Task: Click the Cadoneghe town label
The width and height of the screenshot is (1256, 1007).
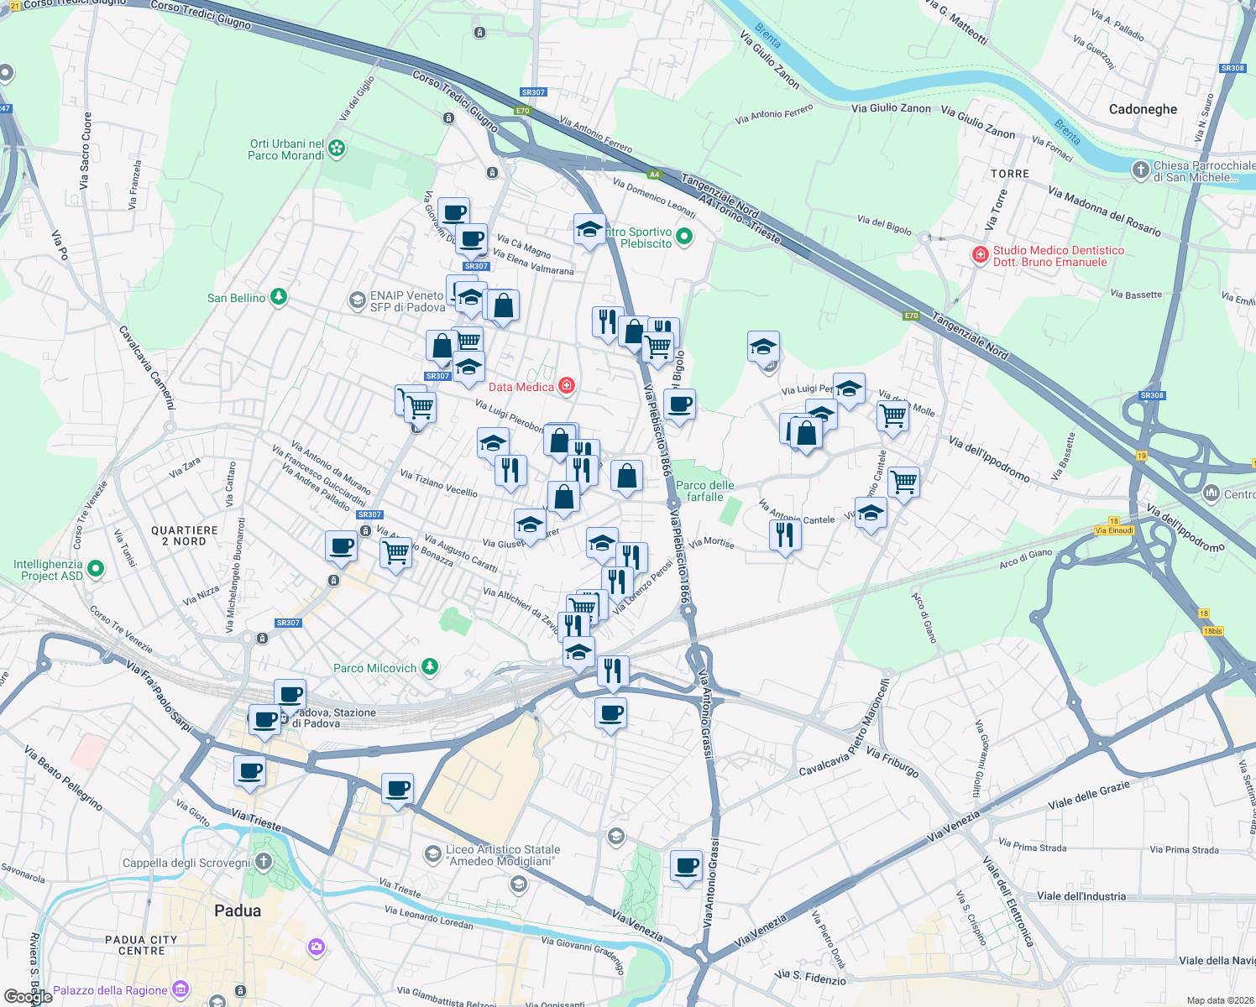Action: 1143,109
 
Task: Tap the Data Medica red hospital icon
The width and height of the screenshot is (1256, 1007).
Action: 567,386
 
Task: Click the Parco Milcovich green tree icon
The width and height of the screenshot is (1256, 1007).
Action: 430,667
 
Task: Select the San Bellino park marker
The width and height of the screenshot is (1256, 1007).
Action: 279,297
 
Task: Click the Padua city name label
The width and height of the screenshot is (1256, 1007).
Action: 238,910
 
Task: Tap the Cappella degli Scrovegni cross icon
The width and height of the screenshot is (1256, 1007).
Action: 264,862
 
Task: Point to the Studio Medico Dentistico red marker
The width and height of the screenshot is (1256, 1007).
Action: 980,255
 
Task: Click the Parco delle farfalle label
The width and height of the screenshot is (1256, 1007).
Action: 704,491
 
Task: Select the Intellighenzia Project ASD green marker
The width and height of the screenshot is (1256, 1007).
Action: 96,569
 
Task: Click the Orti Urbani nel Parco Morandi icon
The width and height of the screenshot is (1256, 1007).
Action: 337,149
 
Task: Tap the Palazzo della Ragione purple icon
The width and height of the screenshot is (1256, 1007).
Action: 180,989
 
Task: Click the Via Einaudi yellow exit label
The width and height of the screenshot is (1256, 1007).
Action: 1114,530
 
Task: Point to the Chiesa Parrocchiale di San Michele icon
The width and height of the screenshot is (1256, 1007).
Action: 1140,170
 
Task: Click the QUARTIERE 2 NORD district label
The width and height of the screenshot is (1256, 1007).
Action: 185,535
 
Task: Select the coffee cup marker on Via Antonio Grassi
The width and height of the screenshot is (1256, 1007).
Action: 686,865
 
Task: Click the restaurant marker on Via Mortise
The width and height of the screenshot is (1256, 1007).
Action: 785,534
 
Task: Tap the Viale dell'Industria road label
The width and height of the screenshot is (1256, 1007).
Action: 1081,896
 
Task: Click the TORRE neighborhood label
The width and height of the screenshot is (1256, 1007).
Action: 1009,174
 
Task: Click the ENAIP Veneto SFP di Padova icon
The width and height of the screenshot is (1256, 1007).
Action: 357,300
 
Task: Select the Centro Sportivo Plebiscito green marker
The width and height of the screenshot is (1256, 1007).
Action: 683,237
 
